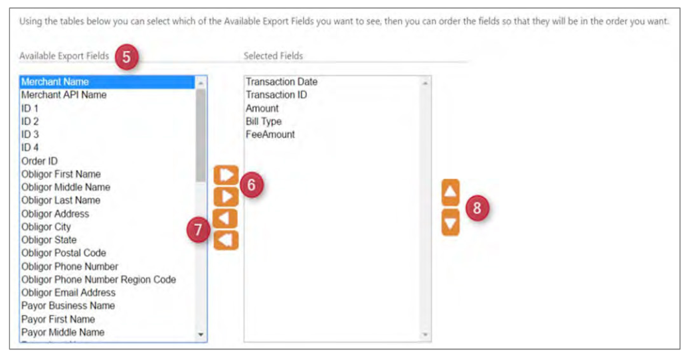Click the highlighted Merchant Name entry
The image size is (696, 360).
click(x=55, y=82)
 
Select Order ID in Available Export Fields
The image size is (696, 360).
click(x=39, y=161)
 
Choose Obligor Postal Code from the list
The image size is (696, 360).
click(x=64, y=253)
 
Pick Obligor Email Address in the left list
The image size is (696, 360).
click(x=68, y=292)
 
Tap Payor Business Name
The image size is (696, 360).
click(x=68, y=306)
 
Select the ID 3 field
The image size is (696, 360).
click(x=30, y=134)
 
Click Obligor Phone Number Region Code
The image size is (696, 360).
click(x=98, y=280)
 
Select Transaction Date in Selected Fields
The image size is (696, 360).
click(x=282, y=82)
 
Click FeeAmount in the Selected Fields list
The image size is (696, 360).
click(x=270, y=134)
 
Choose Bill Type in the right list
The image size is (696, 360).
click(x=264, y=121)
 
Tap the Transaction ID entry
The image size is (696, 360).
click(x=276, y=94)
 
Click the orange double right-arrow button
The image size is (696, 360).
click(x=226, y=175)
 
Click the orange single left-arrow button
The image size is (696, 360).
click(x=226, y=219)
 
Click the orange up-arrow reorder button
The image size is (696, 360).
click(x=450, y=192)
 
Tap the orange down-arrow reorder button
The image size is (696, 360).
click(x=450, y=223)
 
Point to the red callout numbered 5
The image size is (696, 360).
click(x=126, y=57)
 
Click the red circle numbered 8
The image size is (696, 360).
click(x=477, y=208)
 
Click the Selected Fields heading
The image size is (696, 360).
click(x=273, y=56)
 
